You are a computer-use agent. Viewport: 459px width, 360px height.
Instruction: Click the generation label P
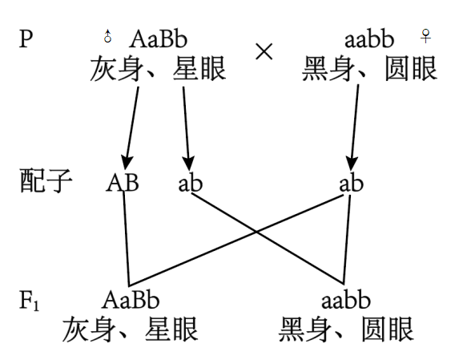[x=26, y=39]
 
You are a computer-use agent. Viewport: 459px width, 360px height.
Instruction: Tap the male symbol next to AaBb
[x=107, y=36]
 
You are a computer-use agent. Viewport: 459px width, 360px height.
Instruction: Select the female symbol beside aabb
[x=425, y=36]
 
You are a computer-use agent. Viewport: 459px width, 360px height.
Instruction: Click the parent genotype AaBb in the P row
[x=158, y=39]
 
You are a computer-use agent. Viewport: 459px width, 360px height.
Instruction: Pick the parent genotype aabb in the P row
[x=369, y=39]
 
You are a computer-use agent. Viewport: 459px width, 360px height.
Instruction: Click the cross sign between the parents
[x=264, y=51]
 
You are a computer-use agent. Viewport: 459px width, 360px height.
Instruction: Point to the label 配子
[x=46, y=180]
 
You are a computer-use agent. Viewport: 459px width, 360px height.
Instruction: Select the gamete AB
[x=123, y=183]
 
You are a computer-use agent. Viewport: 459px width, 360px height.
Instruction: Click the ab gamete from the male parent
[x=191, y=184]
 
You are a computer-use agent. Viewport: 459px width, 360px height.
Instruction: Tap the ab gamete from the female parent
[x=352, y=184]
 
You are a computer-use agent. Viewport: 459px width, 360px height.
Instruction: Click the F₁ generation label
[x=29, y=300]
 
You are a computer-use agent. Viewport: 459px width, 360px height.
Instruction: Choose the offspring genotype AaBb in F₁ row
[x=131, y=300]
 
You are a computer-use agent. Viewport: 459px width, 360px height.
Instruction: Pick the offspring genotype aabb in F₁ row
[x=346, y=300]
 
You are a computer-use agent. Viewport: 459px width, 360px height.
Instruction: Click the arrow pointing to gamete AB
[x=131, y=128]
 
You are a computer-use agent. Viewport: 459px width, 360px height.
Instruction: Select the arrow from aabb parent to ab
[x=355, y=127]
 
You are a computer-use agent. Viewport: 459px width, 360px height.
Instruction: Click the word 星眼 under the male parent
[x=199, y=69]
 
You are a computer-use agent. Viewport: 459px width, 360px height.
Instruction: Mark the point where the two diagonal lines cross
[x=256, y=232]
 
